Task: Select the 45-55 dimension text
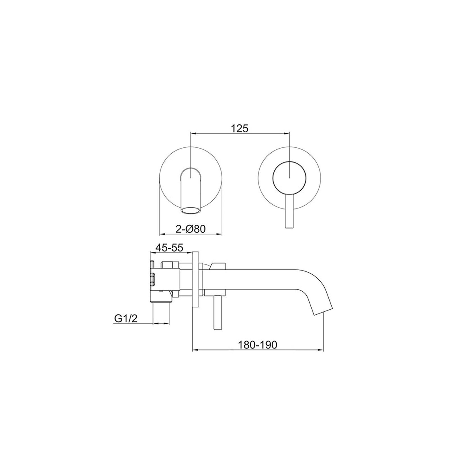169,248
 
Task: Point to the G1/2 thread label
126,319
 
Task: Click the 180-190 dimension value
257,345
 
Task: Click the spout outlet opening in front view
191,210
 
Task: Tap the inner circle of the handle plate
289,178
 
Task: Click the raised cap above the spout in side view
217,265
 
